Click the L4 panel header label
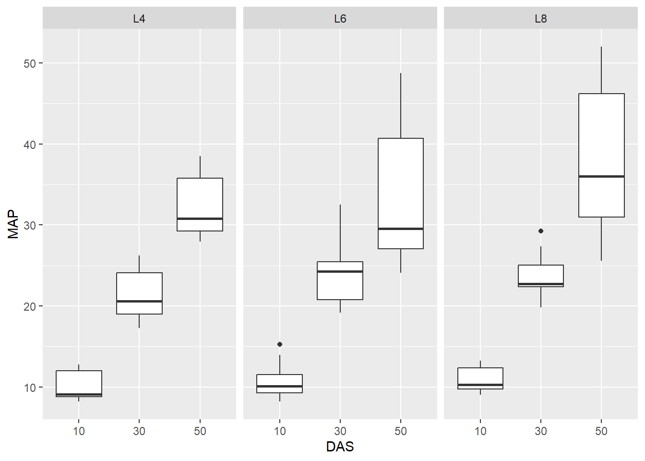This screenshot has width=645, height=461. pos(139,19)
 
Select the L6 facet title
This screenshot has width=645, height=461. pos(340,19)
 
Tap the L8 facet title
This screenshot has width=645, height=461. pos(541,19)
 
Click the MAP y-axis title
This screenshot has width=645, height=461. pos(13,224)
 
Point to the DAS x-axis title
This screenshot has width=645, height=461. pos(340,447)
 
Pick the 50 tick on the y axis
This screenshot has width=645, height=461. pos(30,63)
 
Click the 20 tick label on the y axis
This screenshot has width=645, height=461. pos(30,306)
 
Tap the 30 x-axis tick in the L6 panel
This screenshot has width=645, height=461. pos(340,431)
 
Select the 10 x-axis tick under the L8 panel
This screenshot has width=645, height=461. pos(480,431)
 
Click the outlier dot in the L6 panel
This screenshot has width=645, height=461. pos(280,344)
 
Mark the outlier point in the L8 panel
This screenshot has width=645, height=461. pos(541,231)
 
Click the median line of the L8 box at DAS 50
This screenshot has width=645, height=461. pos(601,176)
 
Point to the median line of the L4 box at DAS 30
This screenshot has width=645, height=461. pos(139,301)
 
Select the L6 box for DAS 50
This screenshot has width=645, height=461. pos(401,192)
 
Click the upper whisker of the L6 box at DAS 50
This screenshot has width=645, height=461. pos(401,106)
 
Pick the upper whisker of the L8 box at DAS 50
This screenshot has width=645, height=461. pos(601,70)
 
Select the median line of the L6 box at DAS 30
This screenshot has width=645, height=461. pos(340,271)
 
